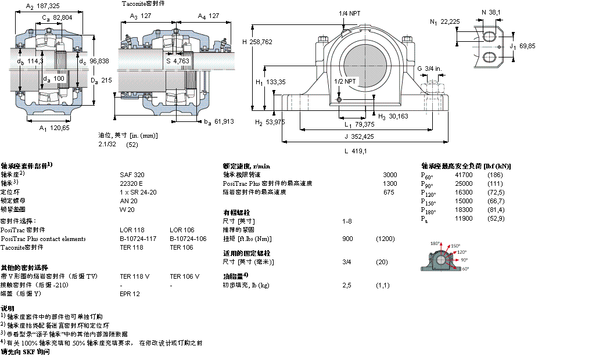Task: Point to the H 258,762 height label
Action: point(257,41)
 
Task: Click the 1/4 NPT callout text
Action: point(350,12)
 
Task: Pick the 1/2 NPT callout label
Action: point(345,81)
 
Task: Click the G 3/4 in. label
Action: point(429,69)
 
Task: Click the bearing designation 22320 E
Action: point(131,183)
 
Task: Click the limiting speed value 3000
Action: point(390,175)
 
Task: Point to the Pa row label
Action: point(424,219)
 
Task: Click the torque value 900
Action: point(347,239)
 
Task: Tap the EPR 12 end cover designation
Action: point(130,294)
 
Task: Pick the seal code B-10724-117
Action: point(138,239)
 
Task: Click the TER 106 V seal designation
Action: point(184,276)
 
